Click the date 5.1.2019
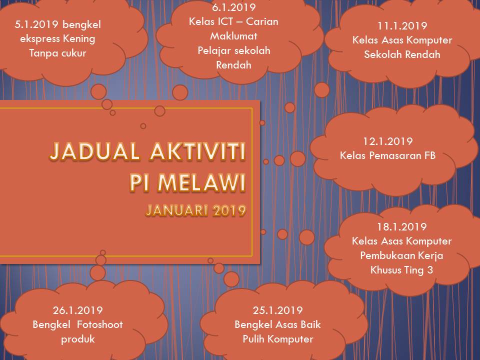(36, 24)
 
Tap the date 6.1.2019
(233, 7)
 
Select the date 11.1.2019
(402, 25)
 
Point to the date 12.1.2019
(388, 141)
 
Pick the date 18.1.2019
(401, 227)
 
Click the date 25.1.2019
(277, 310)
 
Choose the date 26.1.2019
(78, 310)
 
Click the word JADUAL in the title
(95, 151)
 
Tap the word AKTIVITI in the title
(198, 151)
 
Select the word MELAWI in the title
(201, 182)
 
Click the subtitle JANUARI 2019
(196, 210)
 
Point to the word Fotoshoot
(100, 324)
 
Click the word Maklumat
(233, 36)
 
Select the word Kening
(79, 39)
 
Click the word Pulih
(253, 339)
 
